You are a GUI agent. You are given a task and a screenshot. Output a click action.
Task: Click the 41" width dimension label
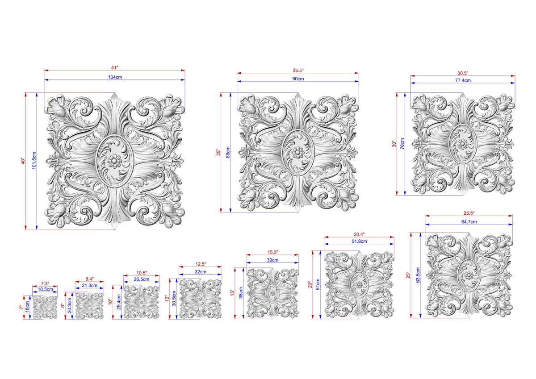click(115, 68)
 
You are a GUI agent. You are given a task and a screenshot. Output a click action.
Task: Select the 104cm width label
click(115, 77)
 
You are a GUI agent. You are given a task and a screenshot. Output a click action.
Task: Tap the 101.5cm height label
click(34, 160)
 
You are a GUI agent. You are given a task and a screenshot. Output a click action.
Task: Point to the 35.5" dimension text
click(298, 70)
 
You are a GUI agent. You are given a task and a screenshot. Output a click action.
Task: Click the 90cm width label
click(298, 79)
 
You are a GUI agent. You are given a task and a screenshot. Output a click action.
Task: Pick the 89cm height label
click(228, 152)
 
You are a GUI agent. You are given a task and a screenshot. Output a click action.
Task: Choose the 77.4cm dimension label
click(463, 80)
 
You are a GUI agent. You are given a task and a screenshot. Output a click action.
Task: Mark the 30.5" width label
click(463, 73)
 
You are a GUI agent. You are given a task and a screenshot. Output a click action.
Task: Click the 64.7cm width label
click(469, 222)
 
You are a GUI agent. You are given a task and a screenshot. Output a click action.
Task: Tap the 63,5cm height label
click(418, 275)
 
